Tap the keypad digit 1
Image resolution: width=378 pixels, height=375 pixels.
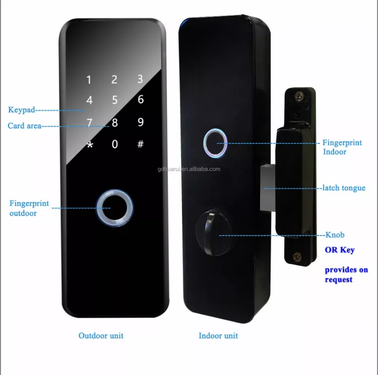pyautogui.click(x=89, y=80)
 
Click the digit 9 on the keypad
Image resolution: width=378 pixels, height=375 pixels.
pyautogui.click(x=141, y=122)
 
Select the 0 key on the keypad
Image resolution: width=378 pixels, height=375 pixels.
pyautogui.click(x=115, y=144)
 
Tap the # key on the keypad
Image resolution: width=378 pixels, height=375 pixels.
pyautogui.click(x=141, y=144)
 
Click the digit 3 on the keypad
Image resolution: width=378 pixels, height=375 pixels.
pyautogui.click(x=140, y=79)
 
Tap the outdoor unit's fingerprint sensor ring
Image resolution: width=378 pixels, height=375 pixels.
pyautogui.click(x=115, y=207)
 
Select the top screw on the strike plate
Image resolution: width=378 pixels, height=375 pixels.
pyautogui.click(x=299, y=95)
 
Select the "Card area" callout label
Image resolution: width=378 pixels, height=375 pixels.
pyautogui.click(x=24, y=126)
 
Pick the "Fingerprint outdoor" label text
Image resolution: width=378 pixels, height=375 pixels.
pyautogui.click(x=29, y=208)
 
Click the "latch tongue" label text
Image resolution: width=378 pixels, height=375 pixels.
pyautogui.click(x=346, y=188)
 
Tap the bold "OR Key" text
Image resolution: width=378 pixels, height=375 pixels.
pyautogui.click(x=339, y=250)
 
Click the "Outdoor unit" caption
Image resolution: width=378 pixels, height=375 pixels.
pyautogui.click(x=101, y=336)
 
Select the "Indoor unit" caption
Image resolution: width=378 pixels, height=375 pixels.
pyautogui.click(x=218, y=336)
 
